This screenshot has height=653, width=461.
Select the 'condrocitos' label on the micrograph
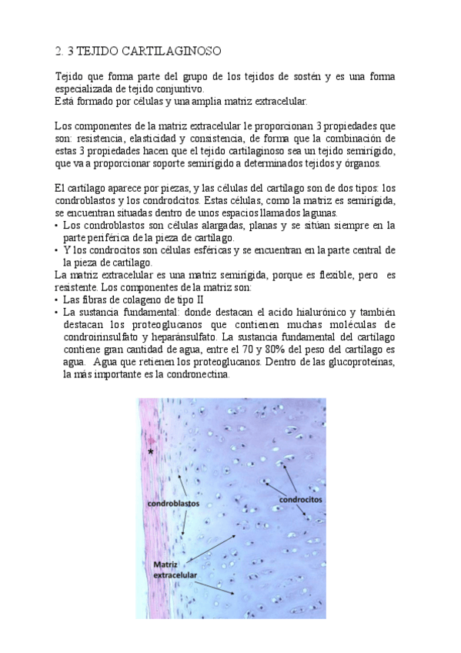point(300,499)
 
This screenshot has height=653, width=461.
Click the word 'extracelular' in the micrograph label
point(175,574)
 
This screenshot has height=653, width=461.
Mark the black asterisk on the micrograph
point(151,453)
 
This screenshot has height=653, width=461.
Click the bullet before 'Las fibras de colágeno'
point(57,299)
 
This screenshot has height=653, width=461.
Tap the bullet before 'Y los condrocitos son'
point(57,250)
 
